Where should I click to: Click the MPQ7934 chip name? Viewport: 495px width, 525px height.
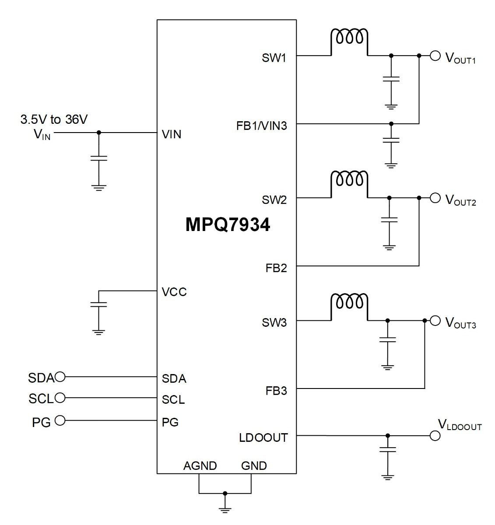pyautogui.click(x=228, y=225)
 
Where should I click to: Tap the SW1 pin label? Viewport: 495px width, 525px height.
pyautogui.click(x=274, y=58)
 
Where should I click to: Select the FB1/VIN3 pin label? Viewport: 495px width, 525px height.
pyautogui.click(x=261, y=126)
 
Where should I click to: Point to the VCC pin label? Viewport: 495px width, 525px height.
pyautogui.click(x=174, y=292)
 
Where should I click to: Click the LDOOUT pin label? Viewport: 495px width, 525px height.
pyautogui.click(x=263, y=438)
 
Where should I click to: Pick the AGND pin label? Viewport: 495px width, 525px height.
pyautogui.click(x=200, y=466)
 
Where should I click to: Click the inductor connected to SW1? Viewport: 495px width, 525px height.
pyautogui.click(x=349, y=37)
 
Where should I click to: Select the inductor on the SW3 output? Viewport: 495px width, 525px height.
pyautogui.click(x=349, y=302)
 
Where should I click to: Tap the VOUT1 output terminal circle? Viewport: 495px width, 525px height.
pyautogui.click(x=435, y=56)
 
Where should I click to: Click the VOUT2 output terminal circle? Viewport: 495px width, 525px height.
pyautogui.click(x=435, y=198)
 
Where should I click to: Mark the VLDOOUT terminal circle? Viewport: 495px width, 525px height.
pyautogui.click(x=435, y=436)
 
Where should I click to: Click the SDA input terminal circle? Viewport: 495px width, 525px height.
pyautogui.click(x=60, y=377)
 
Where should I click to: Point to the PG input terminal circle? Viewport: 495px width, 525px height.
pyautogui.click(x=60, y=420)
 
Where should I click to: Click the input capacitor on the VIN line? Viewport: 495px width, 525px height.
pyautogui.click(x=98, y=158)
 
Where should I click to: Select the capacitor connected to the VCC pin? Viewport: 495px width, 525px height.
pyautogui.click(x=98, y=304)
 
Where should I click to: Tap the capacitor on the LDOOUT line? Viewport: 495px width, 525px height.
pyautogui.click(x=388, y=449)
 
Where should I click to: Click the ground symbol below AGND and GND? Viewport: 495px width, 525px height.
pyautogui.click(x=225, y=510)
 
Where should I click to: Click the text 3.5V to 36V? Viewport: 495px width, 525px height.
pyautogui.click(x=54, y=119)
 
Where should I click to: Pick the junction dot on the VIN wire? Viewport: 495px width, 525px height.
pyautogui.click(x=98, y=133)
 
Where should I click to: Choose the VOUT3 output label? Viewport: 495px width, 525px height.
pyautogui.click(x=460, y=323)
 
